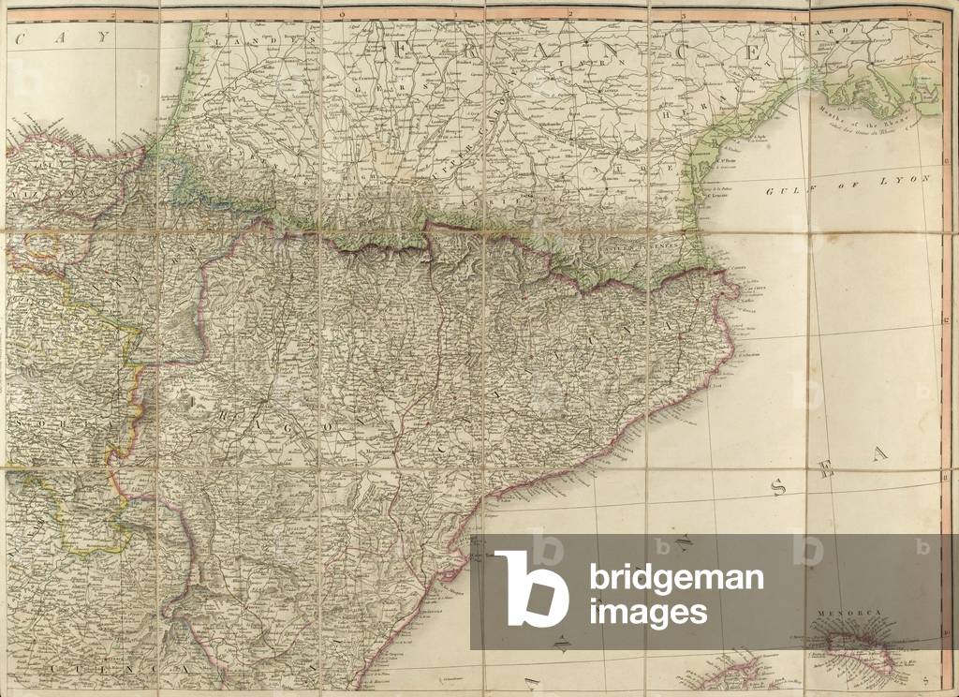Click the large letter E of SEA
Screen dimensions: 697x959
click(x=825, y=471)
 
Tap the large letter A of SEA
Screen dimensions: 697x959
click(x=878, y=454)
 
